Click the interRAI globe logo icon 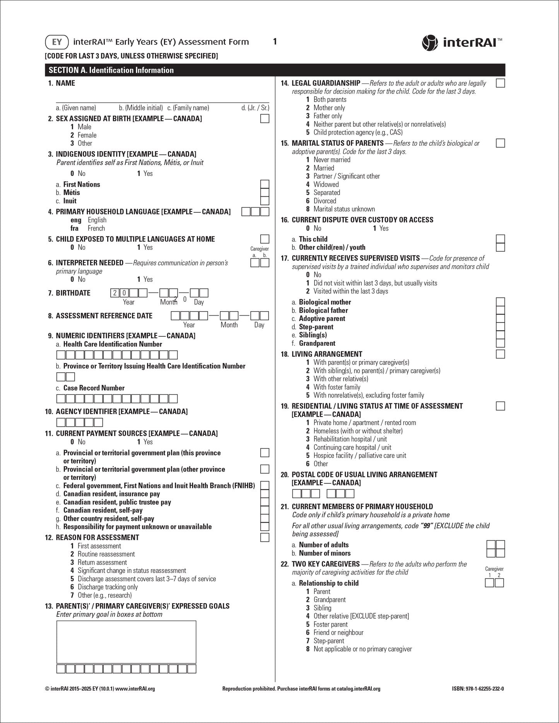[x=430, y=43]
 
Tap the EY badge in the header [x=57, y=42]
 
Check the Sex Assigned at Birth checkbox [x=265, y=119]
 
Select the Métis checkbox [x=265, y=193]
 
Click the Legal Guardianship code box [x=500, y=83]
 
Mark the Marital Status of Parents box [x=500, y=143]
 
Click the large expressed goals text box [x=126, y=641]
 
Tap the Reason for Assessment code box [x=265, y=537]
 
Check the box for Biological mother [x=500, y=302]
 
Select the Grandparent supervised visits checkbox [x=500, y=343]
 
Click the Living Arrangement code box [x=500, y=354]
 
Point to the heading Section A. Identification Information [x=111, y=70]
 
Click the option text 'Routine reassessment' [x=106, y=554]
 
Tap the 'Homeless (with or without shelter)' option [x=358, y=431]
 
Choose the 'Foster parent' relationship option [x=330, y=624]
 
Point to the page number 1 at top [x=275, y=41]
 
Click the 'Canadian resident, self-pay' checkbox [x=265, y=510]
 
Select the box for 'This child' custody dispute [x=500, y=239]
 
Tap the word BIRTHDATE [x=74, y=293]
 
